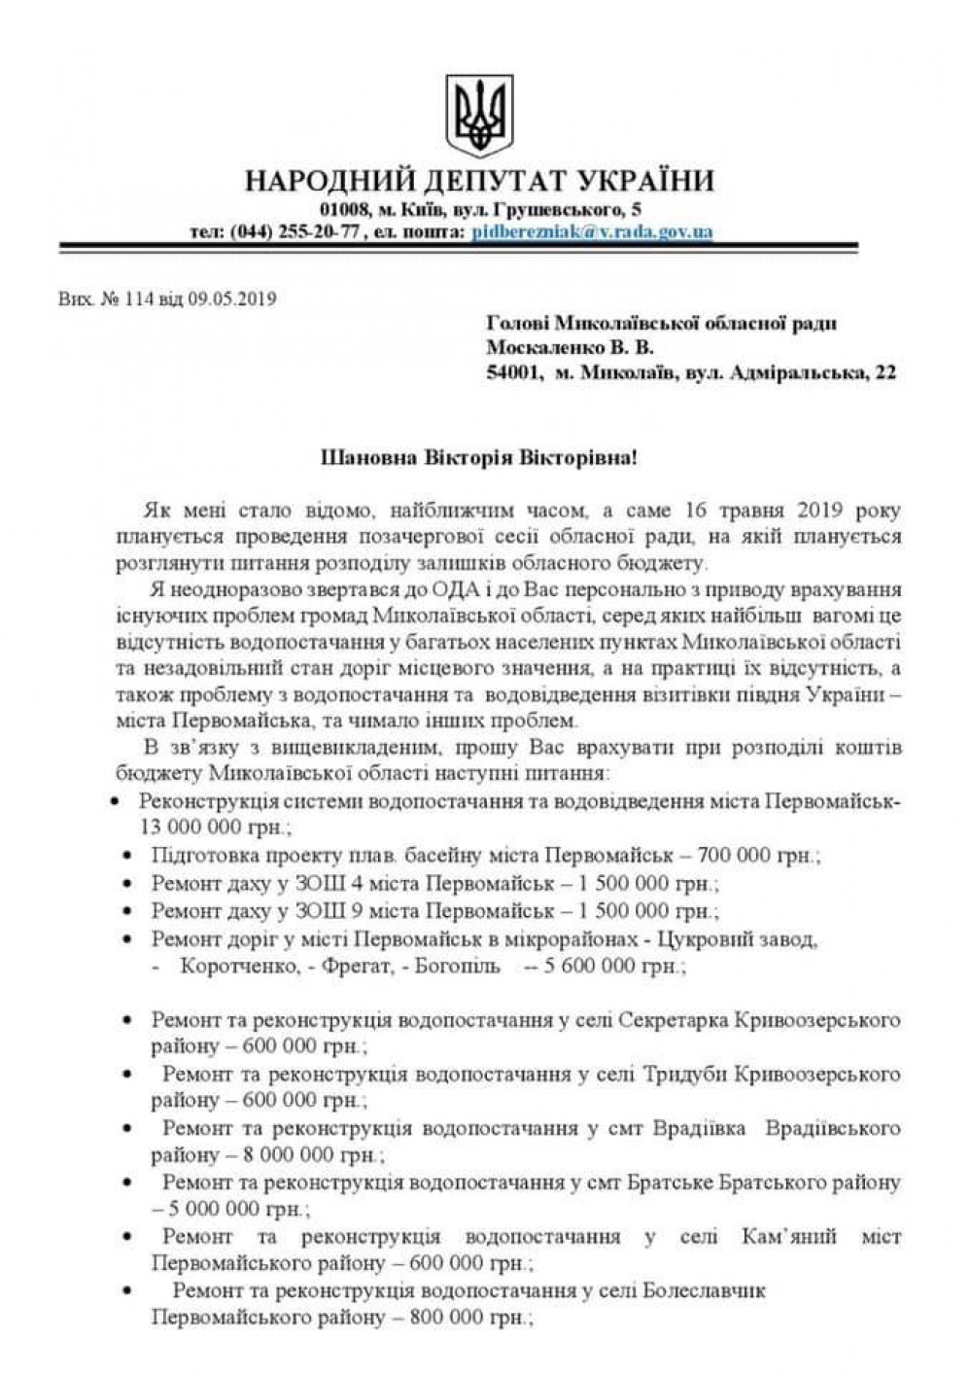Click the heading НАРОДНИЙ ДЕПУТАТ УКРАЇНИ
coord(479,182)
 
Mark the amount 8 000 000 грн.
coord(313,1155)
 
